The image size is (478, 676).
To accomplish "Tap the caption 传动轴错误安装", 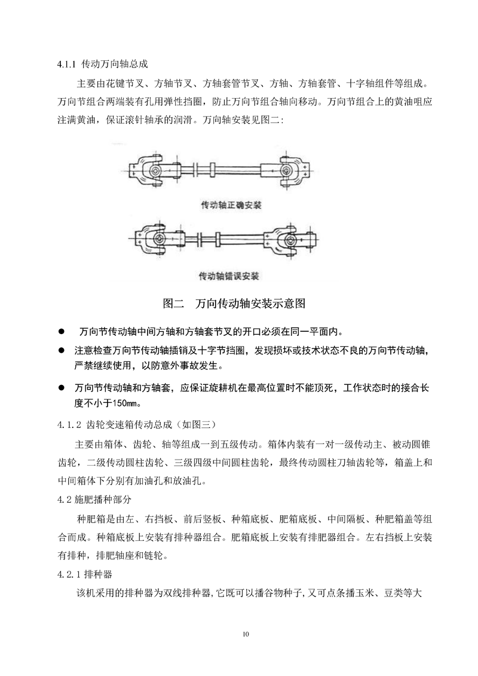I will click(x=232, y=276).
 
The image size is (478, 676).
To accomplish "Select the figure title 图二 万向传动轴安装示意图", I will click(x=234, y=304).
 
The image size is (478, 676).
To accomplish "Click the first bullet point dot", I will click(x=60, y=332).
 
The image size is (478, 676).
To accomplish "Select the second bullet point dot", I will click(x=60, y=349).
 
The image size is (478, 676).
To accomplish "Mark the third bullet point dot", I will click(x=60, y=388).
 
